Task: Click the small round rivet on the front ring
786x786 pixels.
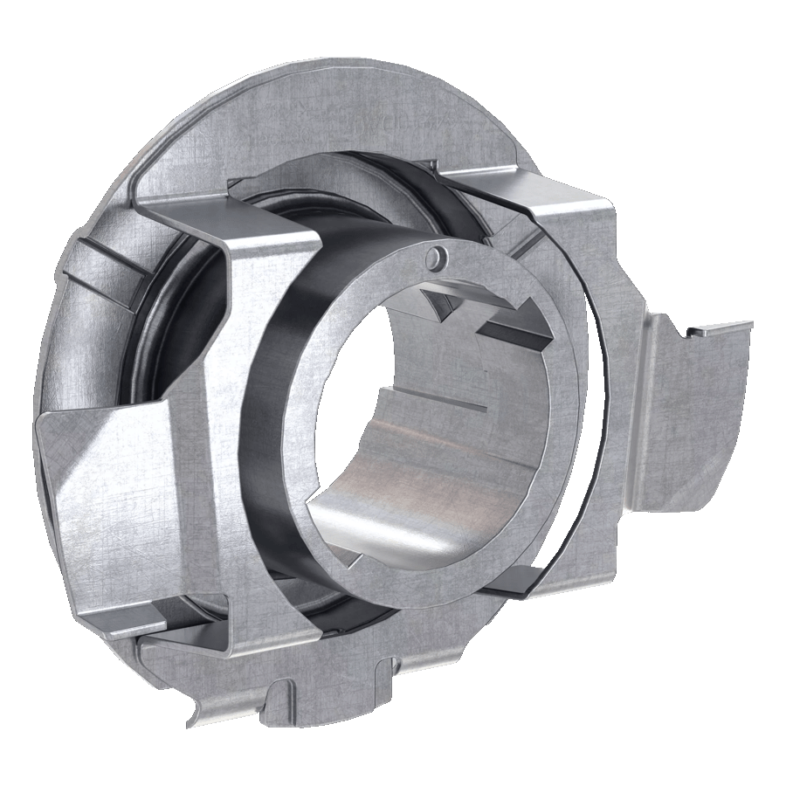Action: pos(435,254)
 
